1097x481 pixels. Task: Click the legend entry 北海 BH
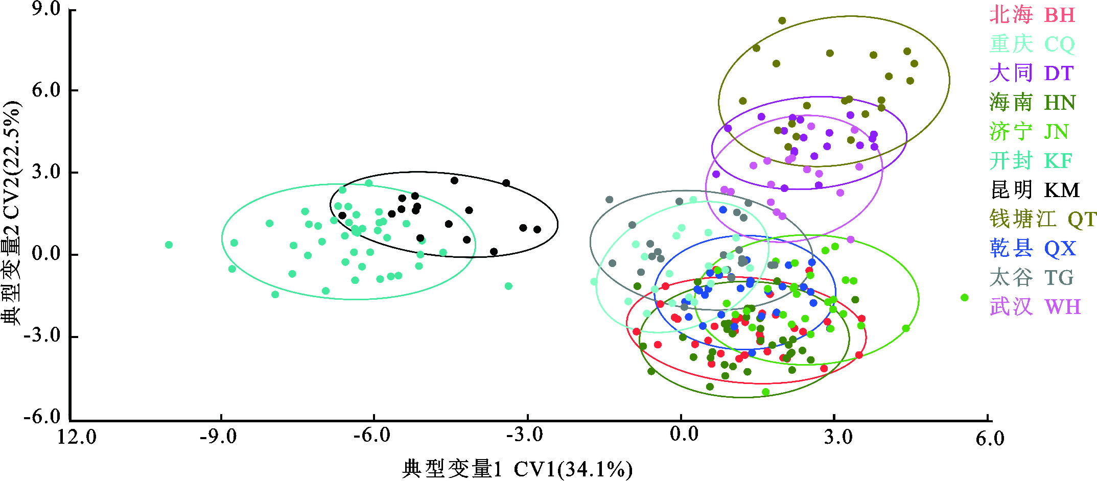coord(1032,15)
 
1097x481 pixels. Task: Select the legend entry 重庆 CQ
coord(1032,44)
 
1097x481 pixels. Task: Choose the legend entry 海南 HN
coord(1032,102)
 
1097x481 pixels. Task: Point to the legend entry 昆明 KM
coord(1035,189)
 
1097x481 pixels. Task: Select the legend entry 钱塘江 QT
coord(1043,219)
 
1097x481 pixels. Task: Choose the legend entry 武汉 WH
coord(1035,306)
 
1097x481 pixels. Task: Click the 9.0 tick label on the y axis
coord(46,9)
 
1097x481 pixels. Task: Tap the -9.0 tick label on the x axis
coord(218,437)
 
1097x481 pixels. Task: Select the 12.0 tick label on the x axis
coord(77,437)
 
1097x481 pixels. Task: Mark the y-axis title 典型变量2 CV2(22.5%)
coord(11,213)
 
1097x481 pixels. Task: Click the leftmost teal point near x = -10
coord(169,245)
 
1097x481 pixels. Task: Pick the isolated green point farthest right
coord(965,298)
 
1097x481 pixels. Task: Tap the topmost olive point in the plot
coord(782,21)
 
